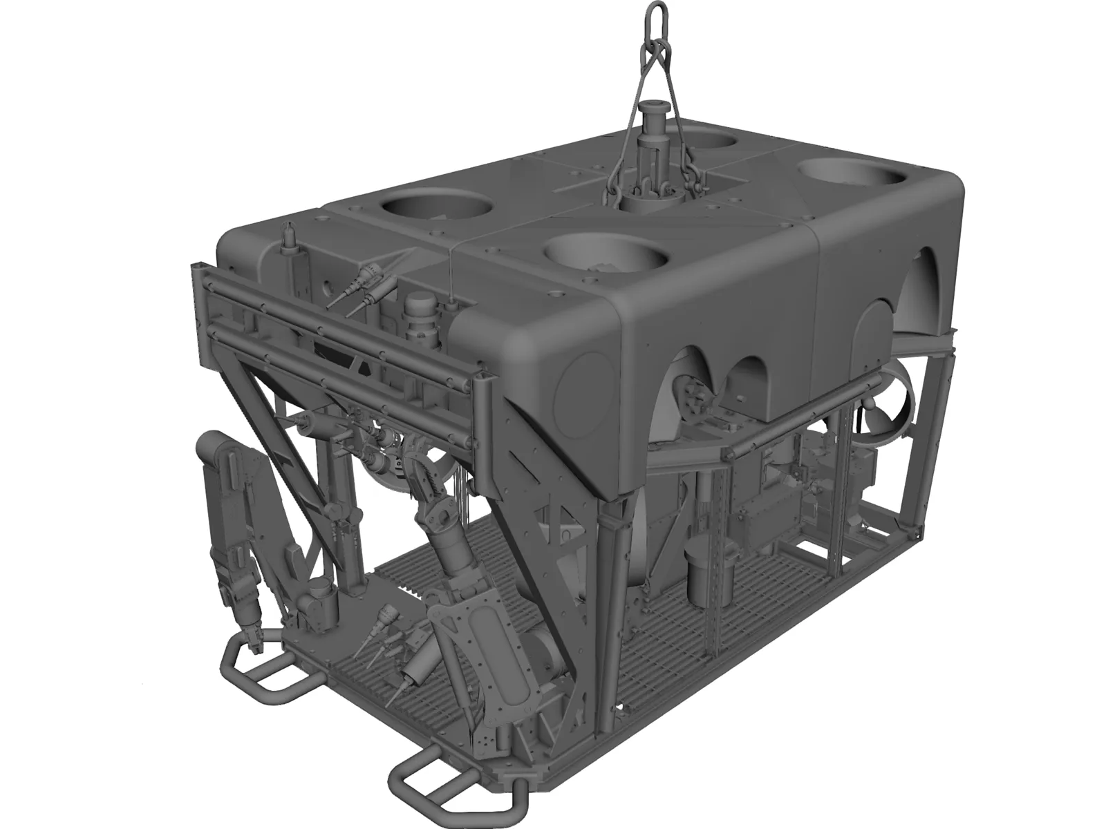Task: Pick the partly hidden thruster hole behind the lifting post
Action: point(712,140)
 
